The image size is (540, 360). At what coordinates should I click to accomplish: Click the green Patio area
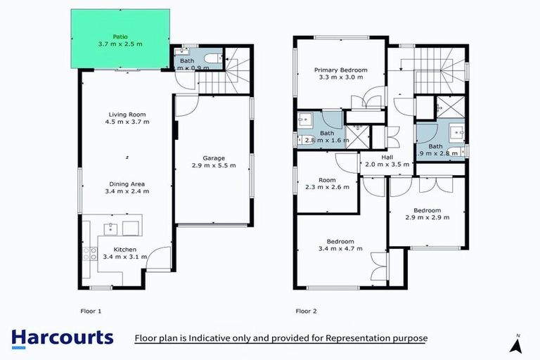(x=120, y=39)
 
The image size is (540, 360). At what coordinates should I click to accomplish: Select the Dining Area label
(x=127, y=187)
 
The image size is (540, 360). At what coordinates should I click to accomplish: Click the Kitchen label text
(x=126, y=253)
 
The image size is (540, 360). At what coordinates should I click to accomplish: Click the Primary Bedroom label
(x=338, y=73)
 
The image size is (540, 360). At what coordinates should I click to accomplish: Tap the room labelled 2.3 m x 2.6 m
(x=327, y=184)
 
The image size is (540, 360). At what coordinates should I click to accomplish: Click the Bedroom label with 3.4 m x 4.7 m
(x=340, y=244)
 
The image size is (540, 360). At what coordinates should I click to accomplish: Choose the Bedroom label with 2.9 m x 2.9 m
(x=427, y=214)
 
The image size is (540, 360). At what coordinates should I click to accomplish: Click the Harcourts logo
(x=62, y=337)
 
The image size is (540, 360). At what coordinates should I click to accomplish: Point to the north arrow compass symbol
(x=517, y=344)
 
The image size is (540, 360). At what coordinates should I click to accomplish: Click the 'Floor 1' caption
(x=90, y=310)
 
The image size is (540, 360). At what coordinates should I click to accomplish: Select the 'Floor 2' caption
(x=307, y=310)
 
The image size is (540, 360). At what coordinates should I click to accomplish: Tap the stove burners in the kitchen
(x=89, y=254)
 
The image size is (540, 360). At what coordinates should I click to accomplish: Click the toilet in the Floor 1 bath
(x=210, y=59)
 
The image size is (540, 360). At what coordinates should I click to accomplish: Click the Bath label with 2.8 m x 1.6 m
(x=327, y=136)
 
